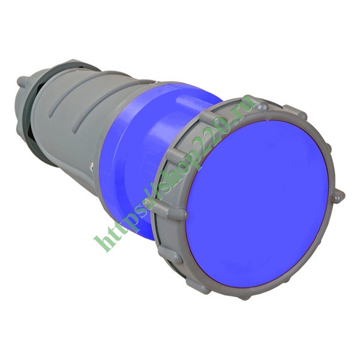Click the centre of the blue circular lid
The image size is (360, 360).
tap(258, 204)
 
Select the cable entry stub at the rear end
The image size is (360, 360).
tap(22, 81)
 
